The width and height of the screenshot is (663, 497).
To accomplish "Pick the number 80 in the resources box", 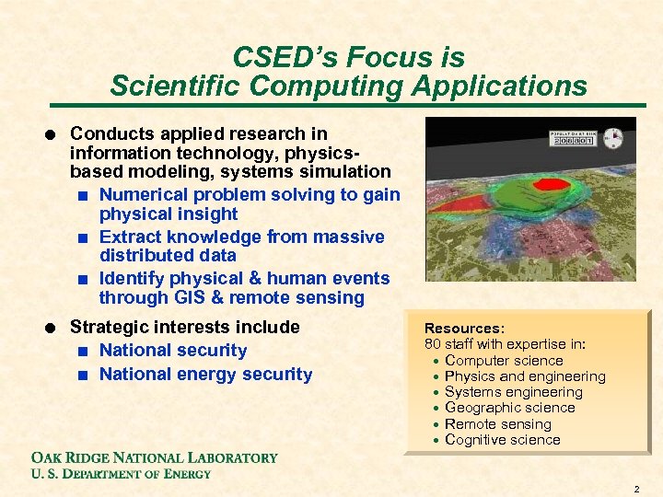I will click(432, 344).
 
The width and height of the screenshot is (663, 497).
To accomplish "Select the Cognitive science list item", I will click(502, 440).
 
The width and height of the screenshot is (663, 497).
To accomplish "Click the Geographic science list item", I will click(509, 408).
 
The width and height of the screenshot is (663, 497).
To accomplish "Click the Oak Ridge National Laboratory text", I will click(154, 457).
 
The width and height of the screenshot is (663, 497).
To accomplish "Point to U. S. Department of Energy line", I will click(121, 474).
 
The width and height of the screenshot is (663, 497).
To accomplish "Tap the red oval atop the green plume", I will click(552, 183).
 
